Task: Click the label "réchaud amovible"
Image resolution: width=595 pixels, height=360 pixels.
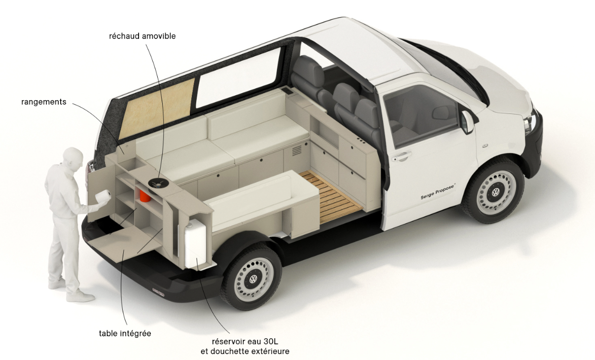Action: (142, 36)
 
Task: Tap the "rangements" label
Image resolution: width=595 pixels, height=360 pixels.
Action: (43, 102)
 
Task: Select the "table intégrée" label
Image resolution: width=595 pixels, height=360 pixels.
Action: (125, 333)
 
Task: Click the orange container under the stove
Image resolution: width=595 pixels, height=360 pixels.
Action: (144, 195)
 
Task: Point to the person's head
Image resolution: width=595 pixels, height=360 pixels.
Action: (72, 159)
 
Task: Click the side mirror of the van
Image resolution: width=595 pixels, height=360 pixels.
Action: (466, 121)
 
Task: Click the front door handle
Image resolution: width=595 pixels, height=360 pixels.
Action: (402, 156)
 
